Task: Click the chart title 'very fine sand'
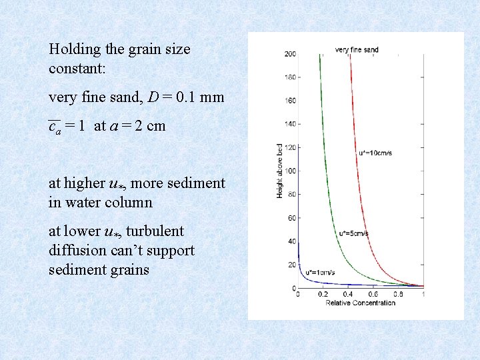point(357,49)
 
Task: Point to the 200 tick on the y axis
point(290,54)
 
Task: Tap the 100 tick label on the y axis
point(290,171)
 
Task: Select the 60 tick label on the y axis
point(291,218)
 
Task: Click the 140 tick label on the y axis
point(290,124)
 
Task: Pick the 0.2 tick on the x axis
point(323,294)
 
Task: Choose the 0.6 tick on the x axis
point(373,294)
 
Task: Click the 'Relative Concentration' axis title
point(361,303)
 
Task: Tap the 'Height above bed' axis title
point(280,171)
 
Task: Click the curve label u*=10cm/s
point(376,153)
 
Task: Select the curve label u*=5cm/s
point(353,233)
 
